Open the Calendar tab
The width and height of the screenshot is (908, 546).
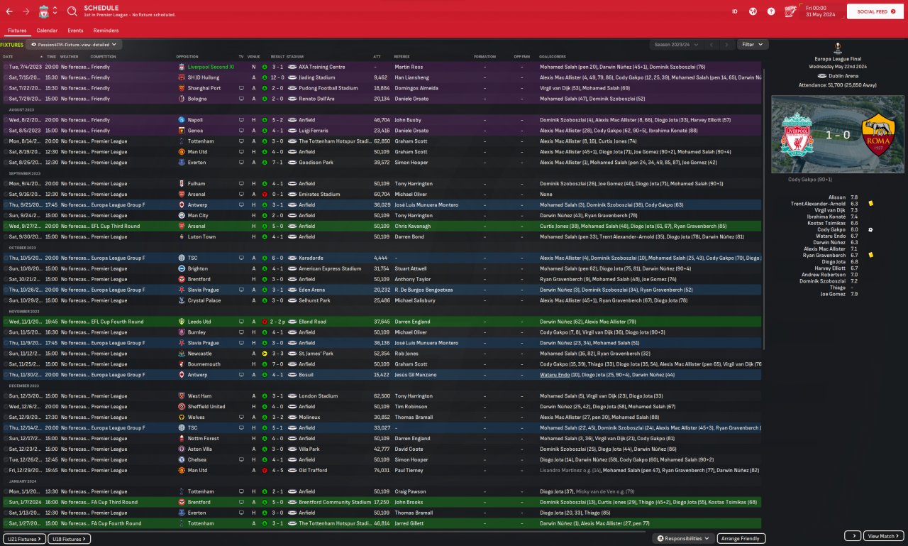click(x=47, y=31)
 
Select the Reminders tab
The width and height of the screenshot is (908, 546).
click(x=106, y=31)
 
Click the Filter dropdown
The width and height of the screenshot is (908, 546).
click(x=752, y=44)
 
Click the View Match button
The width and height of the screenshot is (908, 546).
click(x=884, y=536)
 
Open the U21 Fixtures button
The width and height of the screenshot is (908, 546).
click(x=25, y=539)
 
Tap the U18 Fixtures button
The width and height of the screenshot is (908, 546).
click(x=69, y=539)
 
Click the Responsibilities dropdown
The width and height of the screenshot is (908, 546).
click(x=683, y=538)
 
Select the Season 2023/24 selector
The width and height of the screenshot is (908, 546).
click(x=675, y=44)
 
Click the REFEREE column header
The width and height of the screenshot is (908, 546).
click(x=402, y=56)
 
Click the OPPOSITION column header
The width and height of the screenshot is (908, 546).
click(x=187, y=56)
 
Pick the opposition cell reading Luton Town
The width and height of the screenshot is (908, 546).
click(x=202, y=236)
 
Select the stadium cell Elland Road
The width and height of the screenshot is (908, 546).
click(x=313, y=322)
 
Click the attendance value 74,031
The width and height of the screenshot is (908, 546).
click(x=382, y=470)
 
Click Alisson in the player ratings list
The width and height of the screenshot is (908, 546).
click(x=837, y=197)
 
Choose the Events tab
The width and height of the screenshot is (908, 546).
click(x=75, y=31)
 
